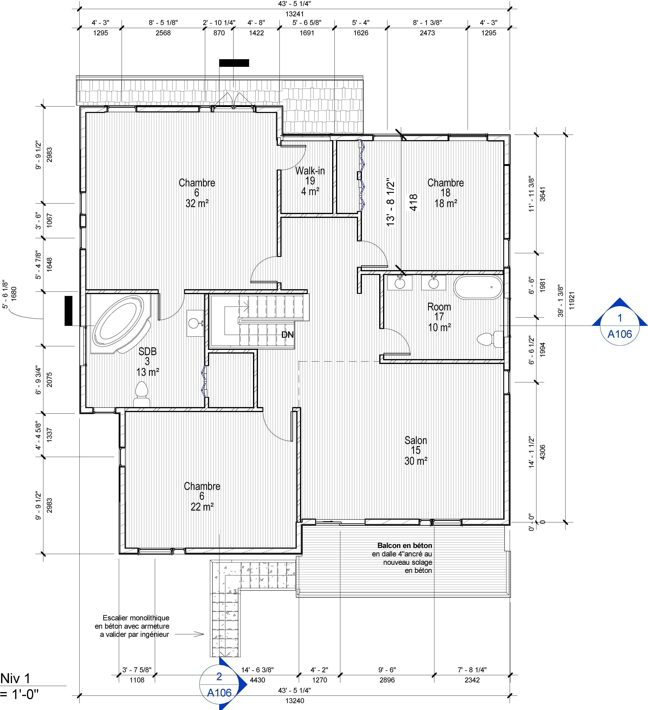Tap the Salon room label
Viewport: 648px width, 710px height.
click(416, 440)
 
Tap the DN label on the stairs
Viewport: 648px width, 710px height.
click(287, 335)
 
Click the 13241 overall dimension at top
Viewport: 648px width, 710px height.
click(295, 14)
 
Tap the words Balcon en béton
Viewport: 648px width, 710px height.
click(405, 545)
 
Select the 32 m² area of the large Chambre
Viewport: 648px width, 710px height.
click(197, 203)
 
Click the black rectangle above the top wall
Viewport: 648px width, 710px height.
click(234, 63)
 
